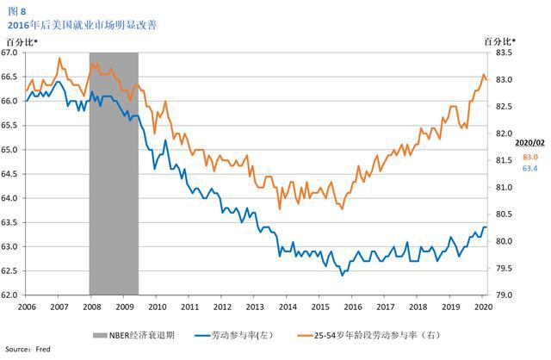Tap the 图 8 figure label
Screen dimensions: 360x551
pos(17,11)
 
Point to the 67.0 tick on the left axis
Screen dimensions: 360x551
pos(10,53)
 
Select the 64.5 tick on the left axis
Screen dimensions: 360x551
pos(10,174)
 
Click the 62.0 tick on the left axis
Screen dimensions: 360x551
pos(10,295)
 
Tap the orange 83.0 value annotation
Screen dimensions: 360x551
pos(529,157)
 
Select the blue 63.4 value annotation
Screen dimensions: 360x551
pos(529,169)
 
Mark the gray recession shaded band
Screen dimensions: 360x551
pos(114,172)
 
